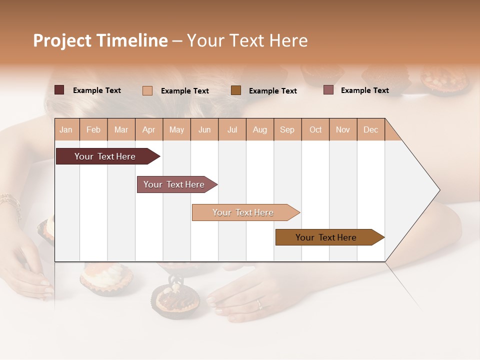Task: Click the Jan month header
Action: point(66,129)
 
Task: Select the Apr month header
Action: point(148,129)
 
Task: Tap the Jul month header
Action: point(232,129)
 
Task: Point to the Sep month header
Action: point(287,129)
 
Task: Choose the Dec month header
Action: point(370,129)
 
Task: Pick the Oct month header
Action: point(315,129)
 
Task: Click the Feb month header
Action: point(93,129)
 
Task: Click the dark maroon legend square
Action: point(59,90)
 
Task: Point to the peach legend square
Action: point(147,90)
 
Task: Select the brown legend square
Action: point(236,90)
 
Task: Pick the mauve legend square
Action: point(328,90)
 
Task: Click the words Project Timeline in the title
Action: point(100,40)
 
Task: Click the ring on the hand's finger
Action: point(259,303)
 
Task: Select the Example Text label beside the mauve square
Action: point(364,90)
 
